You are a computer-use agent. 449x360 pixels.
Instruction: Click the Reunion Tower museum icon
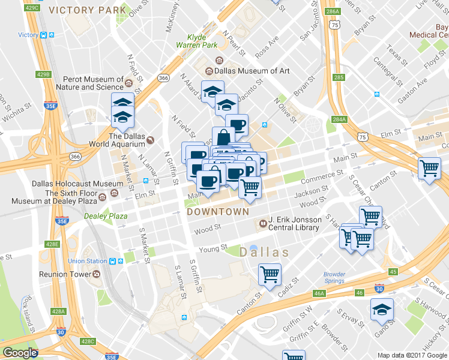(96, 274)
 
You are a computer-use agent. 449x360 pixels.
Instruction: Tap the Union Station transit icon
(112, 261)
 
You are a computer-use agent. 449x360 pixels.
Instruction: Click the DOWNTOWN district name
(218, 212)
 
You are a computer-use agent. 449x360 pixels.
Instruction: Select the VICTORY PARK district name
(88, 10)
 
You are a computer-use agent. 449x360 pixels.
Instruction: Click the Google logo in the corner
(20, 353)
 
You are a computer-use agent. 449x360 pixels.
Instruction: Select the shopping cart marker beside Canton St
(270, 275)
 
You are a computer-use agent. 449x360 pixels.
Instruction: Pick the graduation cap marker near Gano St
(382, 310)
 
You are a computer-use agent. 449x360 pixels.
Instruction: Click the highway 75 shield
(363, 137)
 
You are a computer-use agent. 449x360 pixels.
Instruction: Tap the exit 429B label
(43, 74)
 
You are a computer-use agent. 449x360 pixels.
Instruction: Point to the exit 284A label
(340, 119)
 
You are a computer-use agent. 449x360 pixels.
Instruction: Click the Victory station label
(28, 35)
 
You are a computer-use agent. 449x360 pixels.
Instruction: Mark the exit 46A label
(319, 293)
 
